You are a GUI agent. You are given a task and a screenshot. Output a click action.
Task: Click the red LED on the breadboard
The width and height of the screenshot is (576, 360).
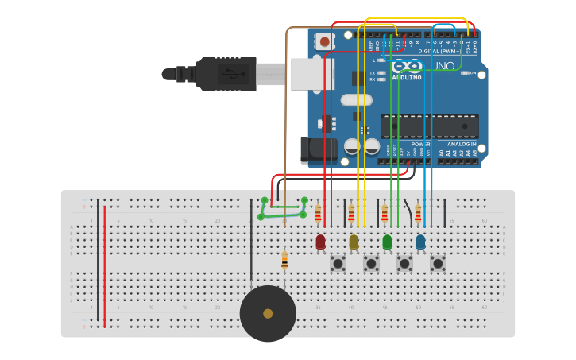pos(320,242)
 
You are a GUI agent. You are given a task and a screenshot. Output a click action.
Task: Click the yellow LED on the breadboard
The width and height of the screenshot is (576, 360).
pos(354,242)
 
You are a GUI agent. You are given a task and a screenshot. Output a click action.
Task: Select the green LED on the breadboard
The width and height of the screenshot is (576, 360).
pos(387,242)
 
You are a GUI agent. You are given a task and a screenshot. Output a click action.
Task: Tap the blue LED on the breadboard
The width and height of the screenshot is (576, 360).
pos(420,242)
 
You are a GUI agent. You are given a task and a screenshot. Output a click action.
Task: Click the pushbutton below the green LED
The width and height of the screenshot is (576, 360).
pos(404,263)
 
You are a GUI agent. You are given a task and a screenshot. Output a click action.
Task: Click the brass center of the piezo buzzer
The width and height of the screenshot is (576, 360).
pos(268,314)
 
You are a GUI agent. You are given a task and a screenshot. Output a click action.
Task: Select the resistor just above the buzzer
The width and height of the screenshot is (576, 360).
pos(284,260)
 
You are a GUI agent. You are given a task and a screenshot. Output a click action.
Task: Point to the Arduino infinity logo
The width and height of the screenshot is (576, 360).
pos(406,67)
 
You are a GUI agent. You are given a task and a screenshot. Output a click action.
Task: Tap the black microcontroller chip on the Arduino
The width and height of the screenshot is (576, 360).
pos(429,126)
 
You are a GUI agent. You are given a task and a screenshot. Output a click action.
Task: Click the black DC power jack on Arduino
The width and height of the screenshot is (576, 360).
pos(315,150)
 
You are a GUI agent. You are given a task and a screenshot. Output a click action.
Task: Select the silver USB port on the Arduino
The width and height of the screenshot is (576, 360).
pos(309,74)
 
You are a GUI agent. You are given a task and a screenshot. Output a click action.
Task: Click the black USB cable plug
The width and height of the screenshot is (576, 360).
pos(226,74)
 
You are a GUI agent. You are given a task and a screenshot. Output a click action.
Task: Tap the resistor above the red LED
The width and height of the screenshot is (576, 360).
pos(318,214)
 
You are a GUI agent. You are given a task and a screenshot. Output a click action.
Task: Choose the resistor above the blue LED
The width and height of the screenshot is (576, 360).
pos(418,214)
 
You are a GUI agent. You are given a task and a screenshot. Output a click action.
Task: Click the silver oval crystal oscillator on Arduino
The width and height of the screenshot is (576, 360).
pos(356,100)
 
